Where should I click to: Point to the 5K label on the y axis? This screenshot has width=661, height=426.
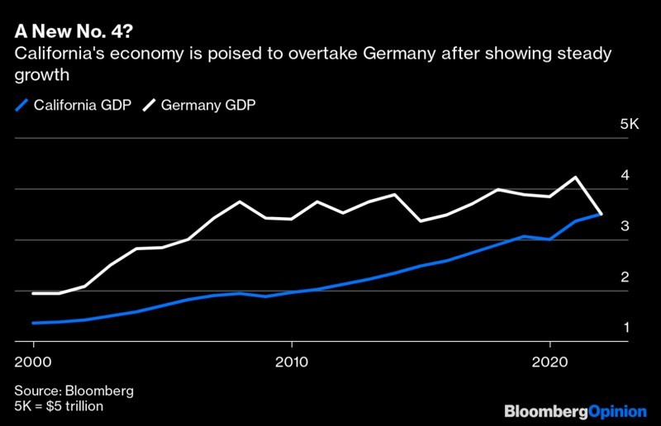coord(629,124)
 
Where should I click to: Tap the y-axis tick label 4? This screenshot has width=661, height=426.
coord(626,175)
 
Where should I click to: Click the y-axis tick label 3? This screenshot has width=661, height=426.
coord(626,225)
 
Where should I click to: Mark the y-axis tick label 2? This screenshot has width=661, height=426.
coord(626,277)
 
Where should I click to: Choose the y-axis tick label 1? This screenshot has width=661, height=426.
coord(626,328)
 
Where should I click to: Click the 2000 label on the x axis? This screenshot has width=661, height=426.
coord(33,362)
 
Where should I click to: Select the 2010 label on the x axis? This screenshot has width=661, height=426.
coord(291,362)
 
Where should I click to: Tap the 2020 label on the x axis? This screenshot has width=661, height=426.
coord(549,362)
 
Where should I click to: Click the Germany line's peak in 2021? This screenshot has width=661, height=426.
coord(576,177)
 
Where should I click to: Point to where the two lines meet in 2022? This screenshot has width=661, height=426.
coord(601,215)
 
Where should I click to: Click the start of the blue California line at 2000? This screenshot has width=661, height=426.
coord(33,323)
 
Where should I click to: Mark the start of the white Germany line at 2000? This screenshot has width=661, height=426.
coord(33,293)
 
